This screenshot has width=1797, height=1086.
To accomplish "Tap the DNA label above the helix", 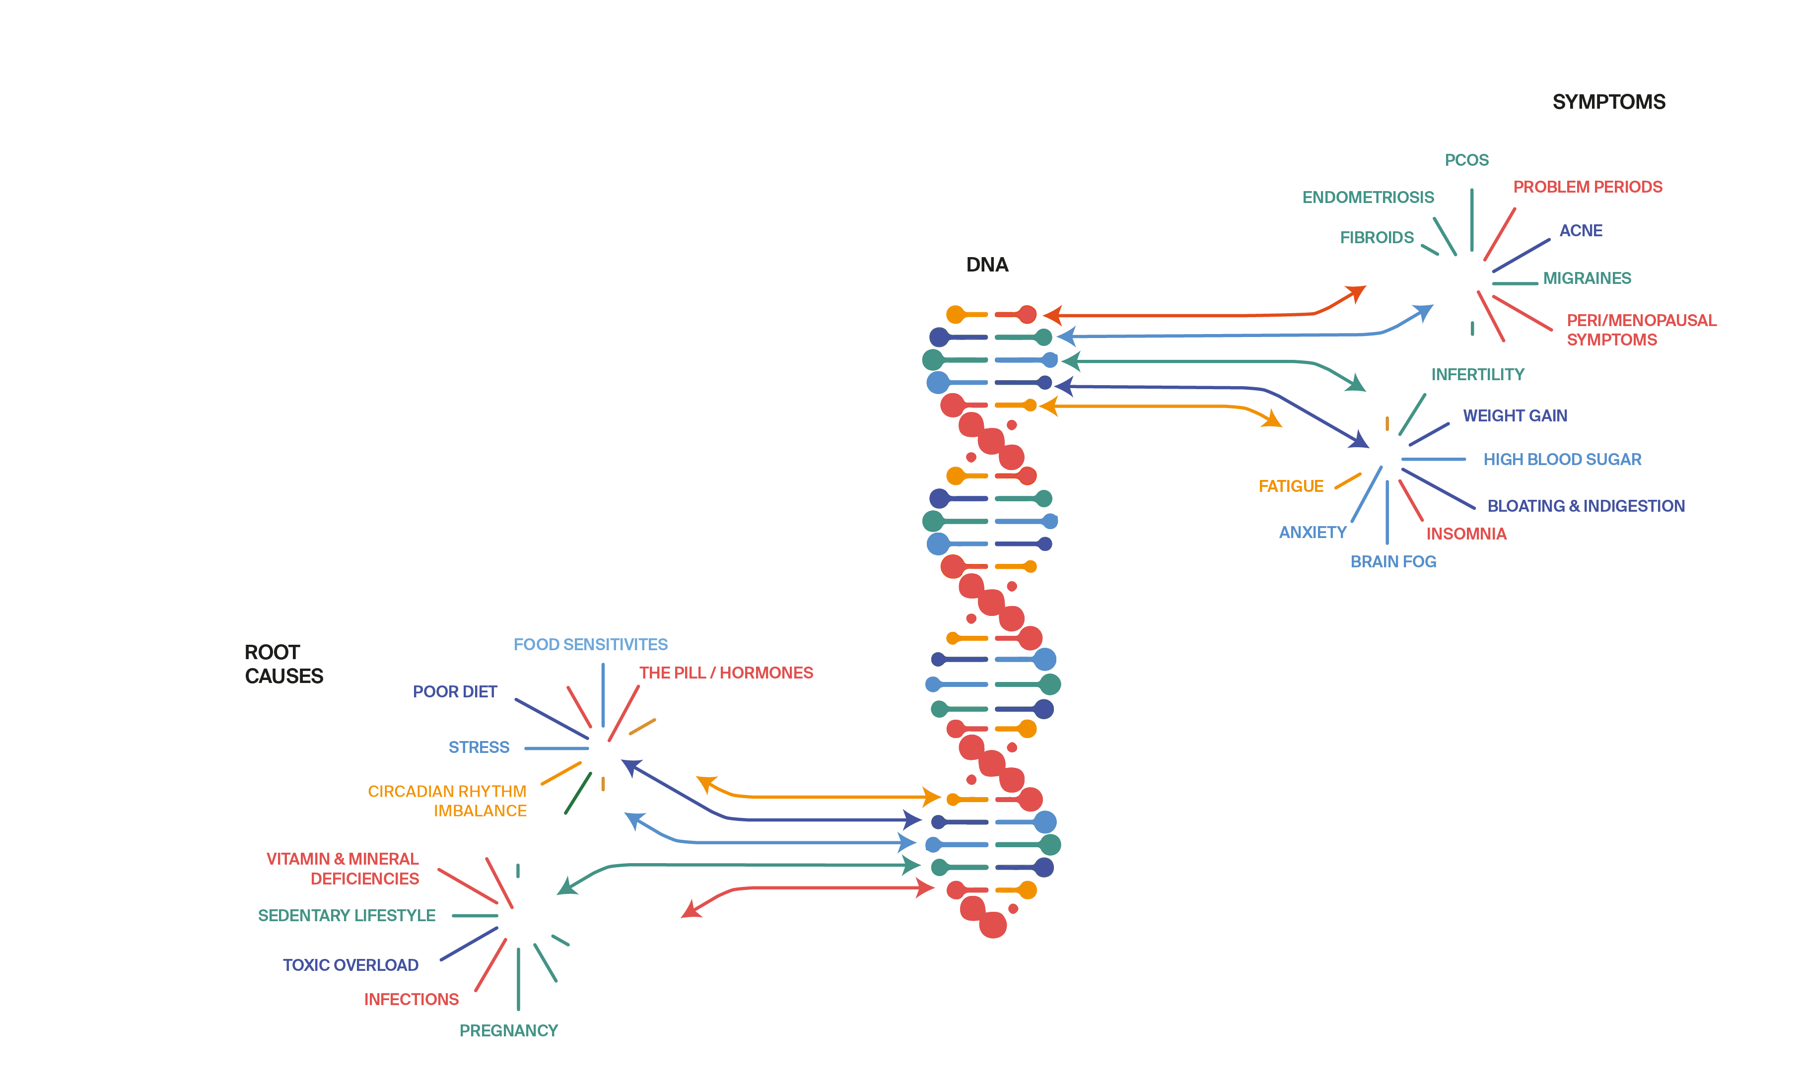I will coord(987,265).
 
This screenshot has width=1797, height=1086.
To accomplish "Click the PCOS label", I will coord(1466,160).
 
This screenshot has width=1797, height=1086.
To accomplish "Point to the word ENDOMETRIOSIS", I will coord(1368,198).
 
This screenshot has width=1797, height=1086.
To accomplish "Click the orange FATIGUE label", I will coord(1290,486).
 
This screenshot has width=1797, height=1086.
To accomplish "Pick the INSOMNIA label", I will coord(1466,534).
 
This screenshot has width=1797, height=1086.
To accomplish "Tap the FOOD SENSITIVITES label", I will coord(590,645).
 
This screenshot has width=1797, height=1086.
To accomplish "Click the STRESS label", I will coord(479,747).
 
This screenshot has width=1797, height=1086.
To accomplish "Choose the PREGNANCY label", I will coord(508,1030).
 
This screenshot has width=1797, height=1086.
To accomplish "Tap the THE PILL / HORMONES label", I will coord(726,673).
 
